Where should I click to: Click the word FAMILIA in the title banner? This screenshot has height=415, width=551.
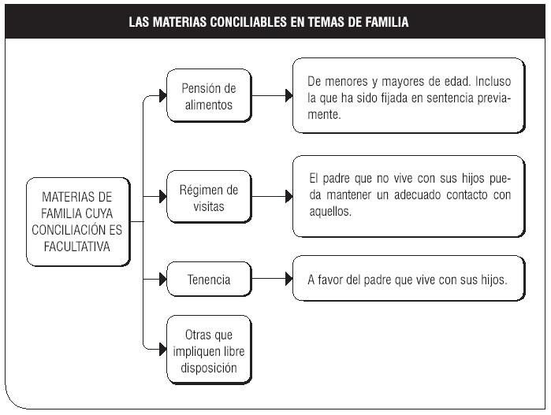[386, 22]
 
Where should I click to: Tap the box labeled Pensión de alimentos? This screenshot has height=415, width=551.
[209, 96]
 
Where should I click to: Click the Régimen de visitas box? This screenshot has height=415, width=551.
[209, 197]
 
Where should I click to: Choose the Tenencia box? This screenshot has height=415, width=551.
[209, 280]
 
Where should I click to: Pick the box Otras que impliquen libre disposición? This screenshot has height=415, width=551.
[209, 350]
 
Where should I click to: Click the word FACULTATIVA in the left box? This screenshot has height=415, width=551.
[77, 246]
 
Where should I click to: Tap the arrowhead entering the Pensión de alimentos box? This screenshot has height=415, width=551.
[162, 95]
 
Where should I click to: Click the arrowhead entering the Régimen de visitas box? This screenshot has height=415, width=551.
[162, 196]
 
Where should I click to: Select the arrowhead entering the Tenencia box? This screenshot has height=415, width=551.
[162, 279]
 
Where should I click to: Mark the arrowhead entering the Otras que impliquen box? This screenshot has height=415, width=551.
[162, 350]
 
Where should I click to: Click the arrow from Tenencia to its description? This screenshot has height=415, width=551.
[272, 279]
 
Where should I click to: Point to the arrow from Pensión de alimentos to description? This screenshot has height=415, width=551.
[272, 95]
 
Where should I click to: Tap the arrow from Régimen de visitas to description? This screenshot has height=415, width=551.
[272, 196]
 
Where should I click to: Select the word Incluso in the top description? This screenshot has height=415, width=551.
[493, 81]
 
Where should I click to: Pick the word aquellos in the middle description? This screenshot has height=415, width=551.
[329, 211]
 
